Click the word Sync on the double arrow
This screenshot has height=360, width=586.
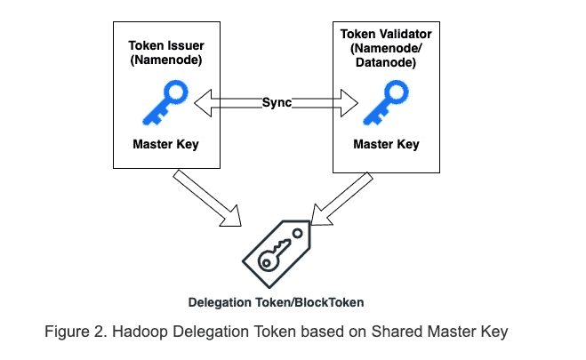276,102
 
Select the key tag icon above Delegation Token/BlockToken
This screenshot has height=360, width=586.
276,251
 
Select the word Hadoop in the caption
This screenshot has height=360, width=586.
140,332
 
